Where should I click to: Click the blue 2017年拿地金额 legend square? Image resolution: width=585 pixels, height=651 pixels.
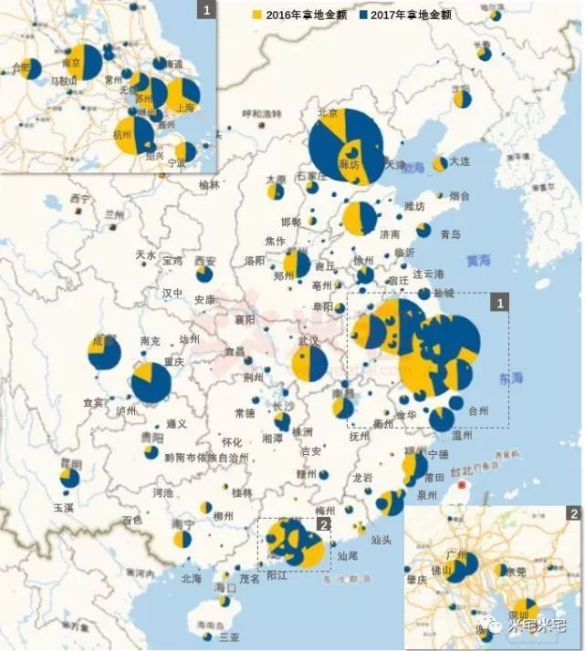pyautogui.click(x=364, y=15)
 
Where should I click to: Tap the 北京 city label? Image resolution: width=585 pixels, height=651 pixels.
pyautogui.click(x=327, y=113)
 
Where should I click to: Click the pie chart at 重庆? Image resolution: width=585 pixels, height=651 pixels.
pyautogui.click(x=151, y=382)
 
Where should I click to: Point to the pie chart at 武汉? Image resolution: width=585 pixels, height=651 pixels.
pyautogui.click(x=310, y=362)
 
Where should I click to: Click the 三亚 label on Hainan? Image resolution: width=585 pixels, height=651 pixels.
pyautogui.click(x=215, y=636)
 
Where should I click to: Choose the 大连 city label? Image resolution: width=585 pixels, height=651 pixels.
pyautogui.click(x=459, y=161)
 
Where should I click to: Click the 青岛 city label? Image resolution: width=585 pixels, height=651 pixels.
pyautogui.click(x=451, y=233)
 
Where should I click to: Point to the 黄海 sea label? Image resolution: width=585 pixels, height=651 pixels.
pyautogui.click(x=477, y=260)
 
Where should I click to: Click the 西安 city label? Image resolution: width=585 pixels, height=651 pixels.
pyautogui.click(x=205, y=261)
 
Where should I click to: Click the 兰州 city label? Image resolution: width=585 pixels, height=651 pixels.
pyautogui.click(x=113, y=213)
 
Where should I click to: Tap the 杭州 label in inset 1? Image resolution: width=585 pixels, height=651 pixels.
pyautogui.click(x=121, y=133)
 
